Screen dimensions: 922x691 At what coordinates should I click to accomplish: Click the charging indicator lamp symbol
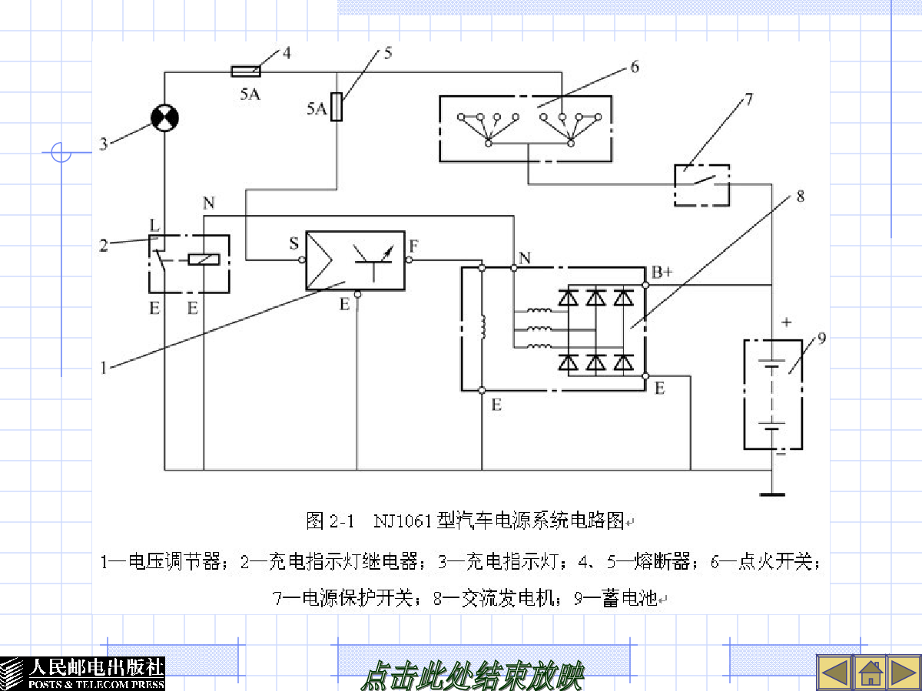coord(164,118)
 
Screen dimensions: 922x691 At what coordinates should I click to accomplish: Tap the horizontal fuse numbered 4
coord(246,71)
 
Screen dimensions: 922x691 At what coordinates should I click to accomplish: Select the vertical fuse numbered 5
coord(337,107)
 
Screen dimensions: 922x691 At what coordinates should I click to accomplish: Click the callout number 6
coord(635,67)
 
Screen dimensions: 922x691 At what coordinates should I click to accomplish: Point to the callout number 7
coord(748,100)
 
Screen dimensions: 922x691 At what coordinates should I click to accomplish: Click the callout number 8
coord(800,196)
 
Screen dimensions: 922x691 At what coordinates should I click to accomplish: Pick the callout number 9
coord(821,338)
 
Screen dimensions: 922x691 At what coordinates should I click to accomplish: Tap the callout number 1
coord(104,368)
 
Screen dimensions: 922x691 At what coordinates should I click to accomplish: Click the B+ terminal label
coord(662,273)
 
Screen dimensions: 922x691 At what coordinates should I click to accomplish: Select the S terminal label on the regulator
coord(294,243)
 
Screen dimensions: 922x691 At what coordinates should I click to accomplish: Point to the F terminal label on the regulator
coord(413,246)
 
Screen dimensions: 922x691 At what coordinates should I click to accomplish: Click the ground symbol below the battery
coord(772,494)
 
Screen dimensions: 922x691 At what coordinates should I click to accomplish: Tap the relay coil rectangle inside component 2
coord(204,260)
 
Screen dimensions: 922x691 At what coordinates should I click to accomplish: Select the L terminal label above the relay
coord(154,225)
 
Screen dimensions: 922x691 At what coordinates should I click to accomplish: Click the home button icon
coord(871,673)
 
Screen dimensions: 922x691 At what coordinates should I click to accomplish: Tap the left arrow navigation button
coord(834,673)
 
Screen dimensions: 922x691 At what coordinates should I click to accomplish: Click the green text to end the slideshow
coord(473,676)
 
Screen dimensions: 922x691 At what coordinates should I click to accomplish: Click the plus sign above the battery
coord(786,322)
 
